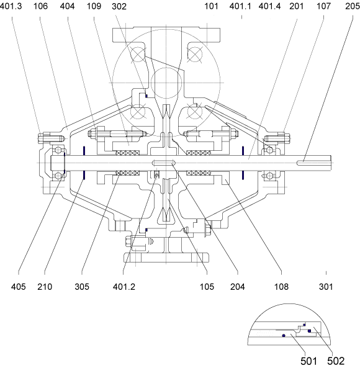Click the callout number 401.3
point(11,6)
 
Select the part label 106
point(40,6)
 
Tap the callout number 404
point(68,6)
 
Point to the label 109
point(94,6)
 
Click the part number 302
point(119,6)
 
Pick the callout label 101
point(211,6)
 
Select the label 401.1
point(240,6)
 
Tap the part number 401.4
point(269,6)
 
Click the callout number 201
point(297,6)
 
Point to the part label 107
point(323,6)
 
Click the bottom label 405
point(18,287)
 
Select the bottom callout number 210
point(45,287)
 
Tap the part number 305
point(82,287)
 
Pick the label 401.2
point(124,287)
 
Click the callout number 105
point(207,287)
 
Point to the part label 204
point(238,287)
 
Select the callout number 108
point(281,287)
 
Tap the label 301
point(326,287)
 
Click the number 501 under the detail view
point(309,361)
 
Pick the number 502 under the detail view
point(336,361)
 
